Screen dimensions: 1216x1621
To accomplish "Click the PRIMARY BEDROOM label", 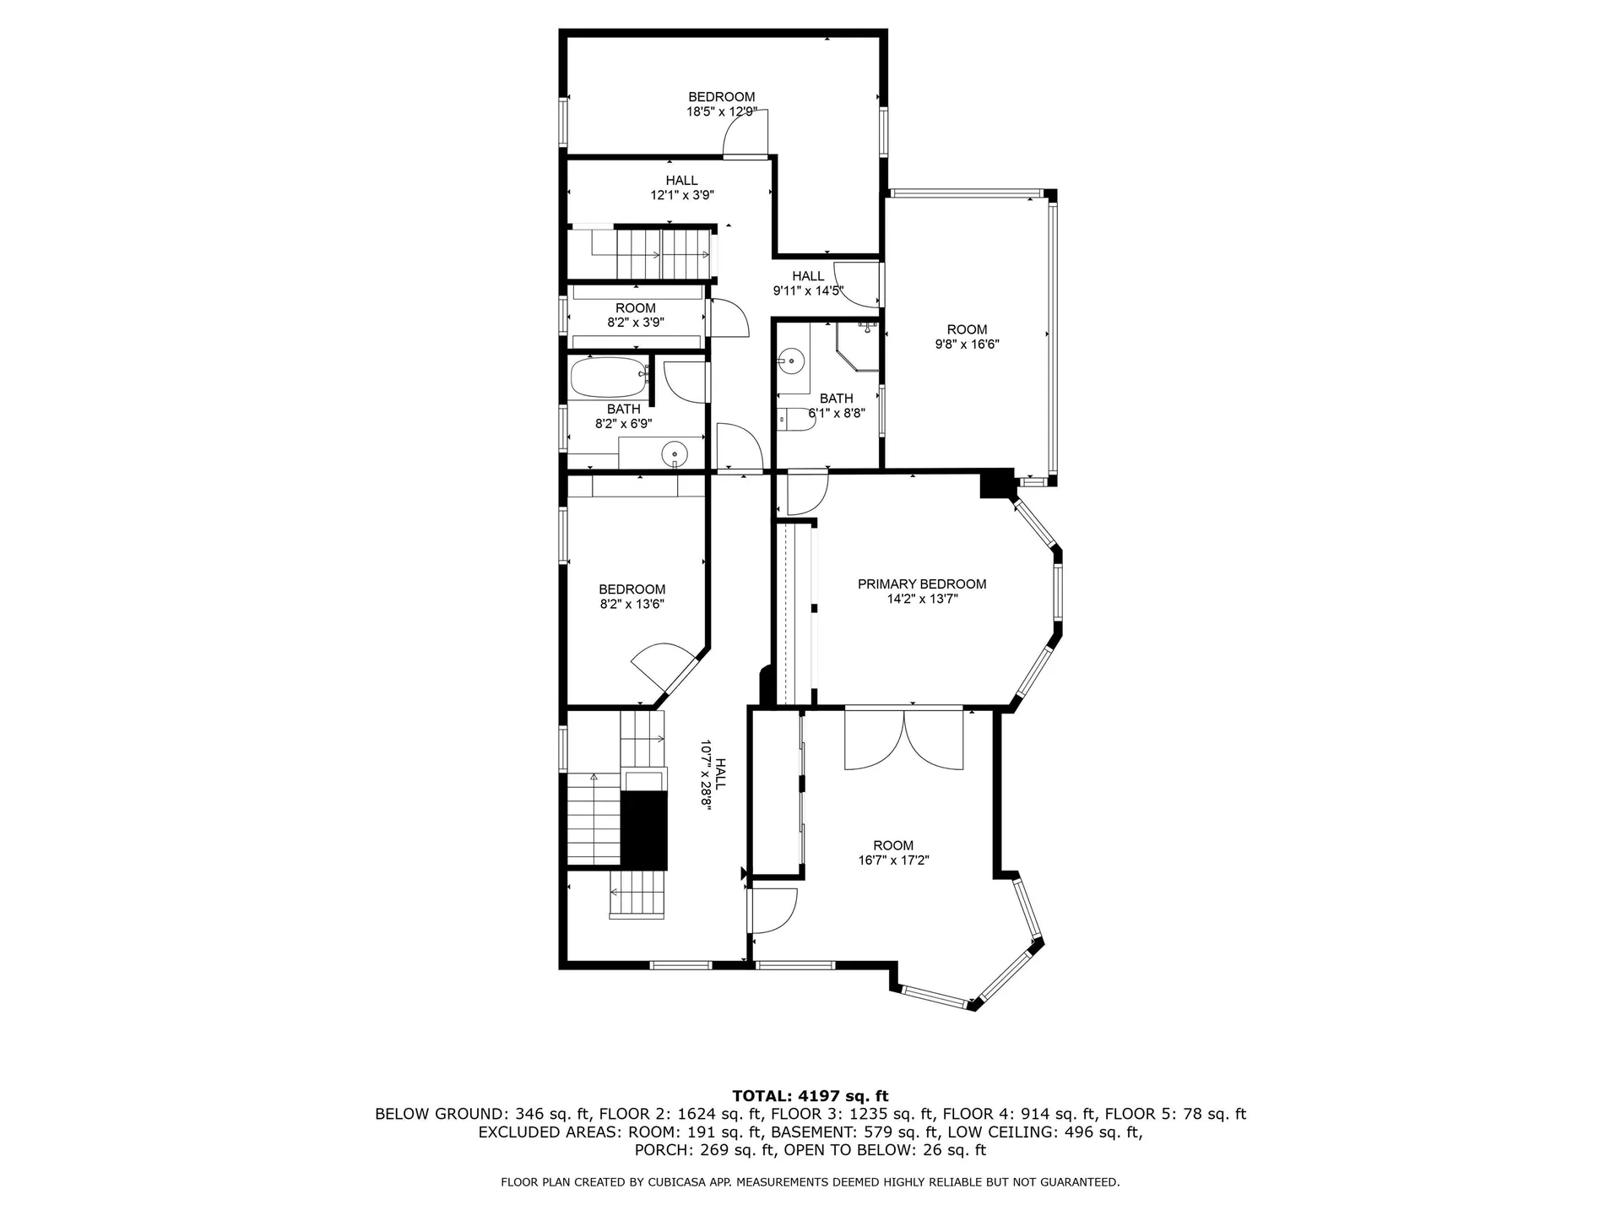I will coord(921,584).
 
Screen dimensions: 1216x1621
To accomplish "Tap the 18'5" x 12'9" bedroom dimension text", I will coord(721,111).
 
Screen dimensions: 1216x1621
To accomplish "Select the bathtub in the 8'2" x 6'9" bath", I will coord(607,378).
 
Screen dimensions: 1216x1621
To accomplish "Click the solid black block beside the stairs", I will coord(644,830).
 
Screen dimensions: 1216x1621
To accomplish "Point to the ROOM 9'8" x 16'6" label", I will coord(967,337).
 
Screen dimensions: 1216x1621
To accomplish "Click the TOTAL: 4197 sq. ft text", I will coord(810,1097).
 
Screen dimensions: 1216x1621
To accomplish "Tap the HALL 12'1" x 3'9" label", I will coord(681,187).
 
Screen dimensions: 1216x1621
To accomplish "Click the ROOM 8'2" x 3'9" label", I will coord(635,315).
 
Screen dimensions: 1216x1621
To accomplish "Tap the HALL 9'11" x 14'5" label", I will coord(808,284).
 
